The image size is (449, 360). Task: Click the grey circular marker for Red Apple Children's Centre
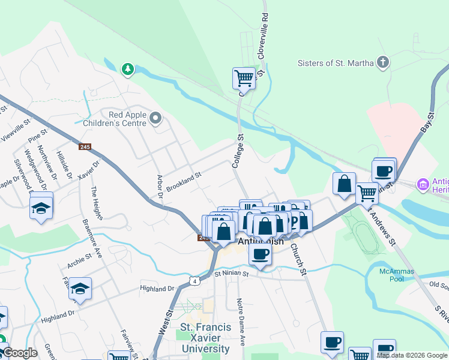coord(156,118)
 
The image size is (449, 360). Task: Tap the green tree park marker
coord(127,70)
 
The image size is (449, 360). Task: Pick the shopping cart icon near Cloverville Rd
coord(244,77)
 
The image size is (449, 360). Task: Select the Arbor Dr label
coord(160,187)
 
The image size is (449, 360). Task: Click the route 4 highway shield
coord(194,280)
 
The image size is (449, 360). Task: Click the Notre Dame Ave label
coord(241,322)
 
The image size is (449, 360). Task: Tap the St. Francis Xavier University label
coord(205,338)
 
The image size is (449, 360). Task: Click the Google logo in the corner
coord(19,353)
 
